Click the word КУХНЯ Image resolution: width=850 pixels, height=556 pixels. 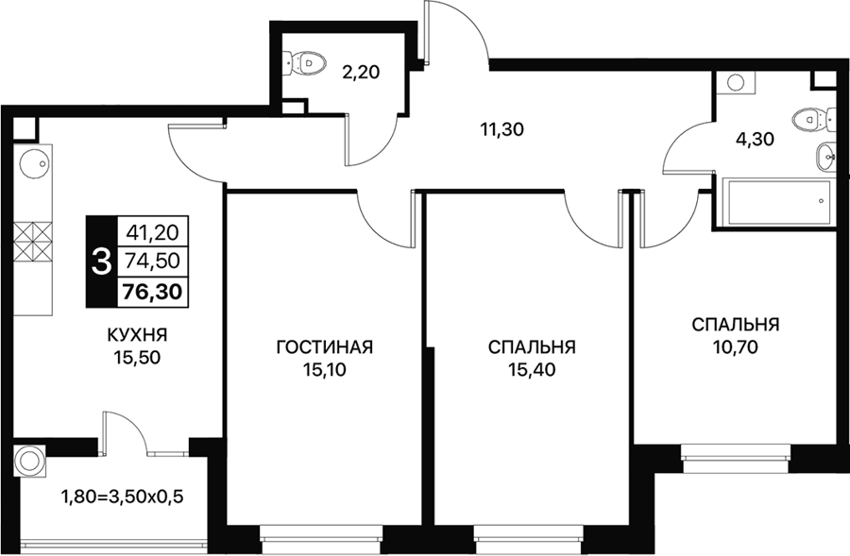137,335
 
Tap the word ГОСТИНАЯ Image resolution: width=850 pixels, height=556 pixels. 325,346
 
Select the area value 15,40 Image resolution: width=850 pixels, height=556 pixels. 532,370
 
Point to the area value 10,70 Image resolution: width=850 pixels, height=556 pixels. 735,346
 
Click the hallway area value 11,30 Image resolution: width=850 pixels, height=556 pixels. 502,129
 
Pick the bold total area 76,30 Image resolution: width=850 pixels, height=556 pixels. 152,292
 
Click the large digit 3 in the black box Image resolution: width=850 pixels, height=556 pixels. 101,261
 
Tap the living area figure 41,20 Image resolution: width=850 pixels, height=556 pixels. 152,232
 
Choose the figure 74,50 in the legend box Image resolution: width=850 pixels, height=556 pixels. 152,261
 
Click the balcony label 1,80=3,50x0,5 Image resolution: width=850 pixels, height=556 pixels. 123,497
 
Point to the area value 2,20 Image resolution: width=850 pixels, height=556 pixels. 361,72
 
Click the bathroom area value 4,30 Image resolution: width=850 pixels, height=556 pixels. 755,140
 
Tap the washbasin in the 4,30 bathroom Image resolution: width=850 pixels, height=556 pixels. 826,156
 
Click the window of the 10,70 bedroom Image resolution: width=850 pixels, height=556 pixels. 736,459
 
